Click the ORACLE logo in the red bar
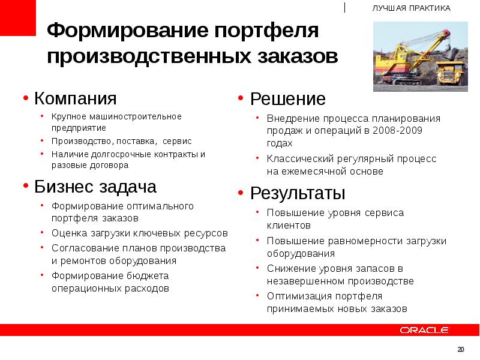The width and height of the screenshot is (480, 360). (424, 329)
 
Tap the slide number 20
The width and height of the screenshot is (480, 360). (461, 349)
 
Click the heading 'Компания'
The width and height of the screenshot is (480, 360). (75, 98)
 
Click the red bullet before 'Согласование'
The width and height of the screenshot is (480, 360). (43, 247)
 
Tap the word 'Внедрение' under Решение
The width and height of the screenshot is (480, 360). (290, 118)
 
